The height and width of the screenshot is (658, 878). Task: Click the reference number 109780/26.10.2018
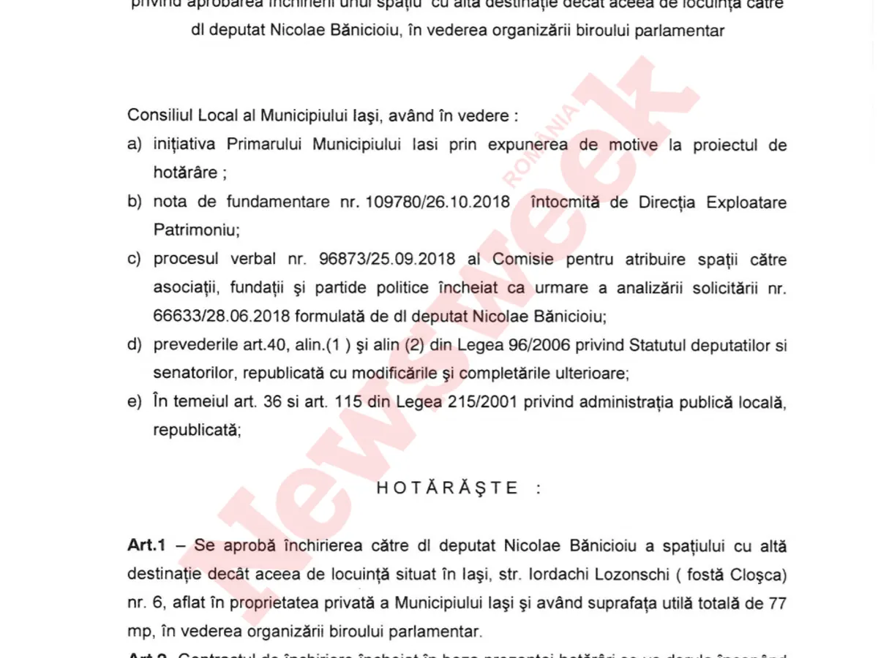tap(437, 203)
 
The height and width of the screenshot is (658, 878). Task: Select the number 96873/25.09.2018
tap(387, 260)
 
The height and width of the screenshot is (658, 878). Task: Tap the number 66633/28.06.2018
tap(217, 316)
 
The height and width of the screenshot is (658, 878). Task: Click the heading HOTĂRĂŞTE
tap(448, 488)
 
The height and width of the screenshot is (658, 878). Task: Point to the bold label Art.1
tap(148, 546)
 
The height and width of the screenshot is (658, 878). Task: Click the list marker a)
tap(135, 145)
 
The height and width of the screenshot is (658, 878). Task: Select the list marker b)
tap(135, 203)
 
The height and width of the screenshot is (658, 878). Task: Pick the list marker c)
tap(135, 260)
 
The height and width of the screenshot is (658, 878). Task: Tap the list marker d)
tap(135, 345)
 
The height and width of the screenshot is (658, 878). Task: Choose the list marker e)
tap(135, 403)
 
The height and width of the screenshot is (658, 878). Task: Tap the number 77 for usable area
tap(777, 603)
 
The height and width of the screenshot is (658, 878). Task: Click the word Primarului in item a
tap(265, 145)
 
